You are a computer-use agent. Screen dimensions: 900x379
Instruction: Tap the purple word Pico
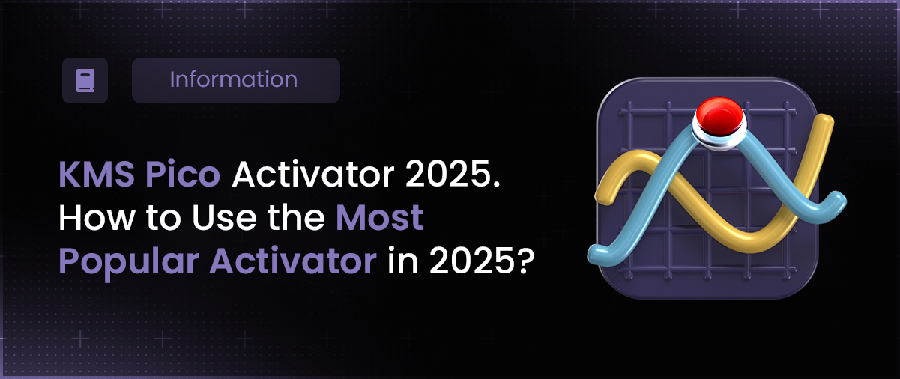tap(183, 175)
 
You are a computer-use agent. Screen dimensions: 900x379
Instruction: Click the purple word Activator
tap(293, 261)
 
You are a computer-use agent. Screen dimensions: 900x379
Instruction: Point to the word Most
tap(379, 218)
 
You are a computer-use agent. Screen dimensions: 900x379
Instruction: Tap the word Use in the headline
tap(224, 218)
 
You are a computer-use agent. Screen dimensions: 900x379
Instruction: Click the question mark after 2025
tap(526, 261)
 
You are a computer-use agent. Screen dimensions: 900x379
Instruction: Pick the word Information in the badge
tap(234, 79)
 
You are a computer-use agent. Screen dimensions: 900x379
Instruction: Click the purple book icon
tap(85, 81)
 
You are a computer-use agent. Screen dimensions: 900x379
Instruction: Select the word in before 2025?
tap(402, 261)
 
